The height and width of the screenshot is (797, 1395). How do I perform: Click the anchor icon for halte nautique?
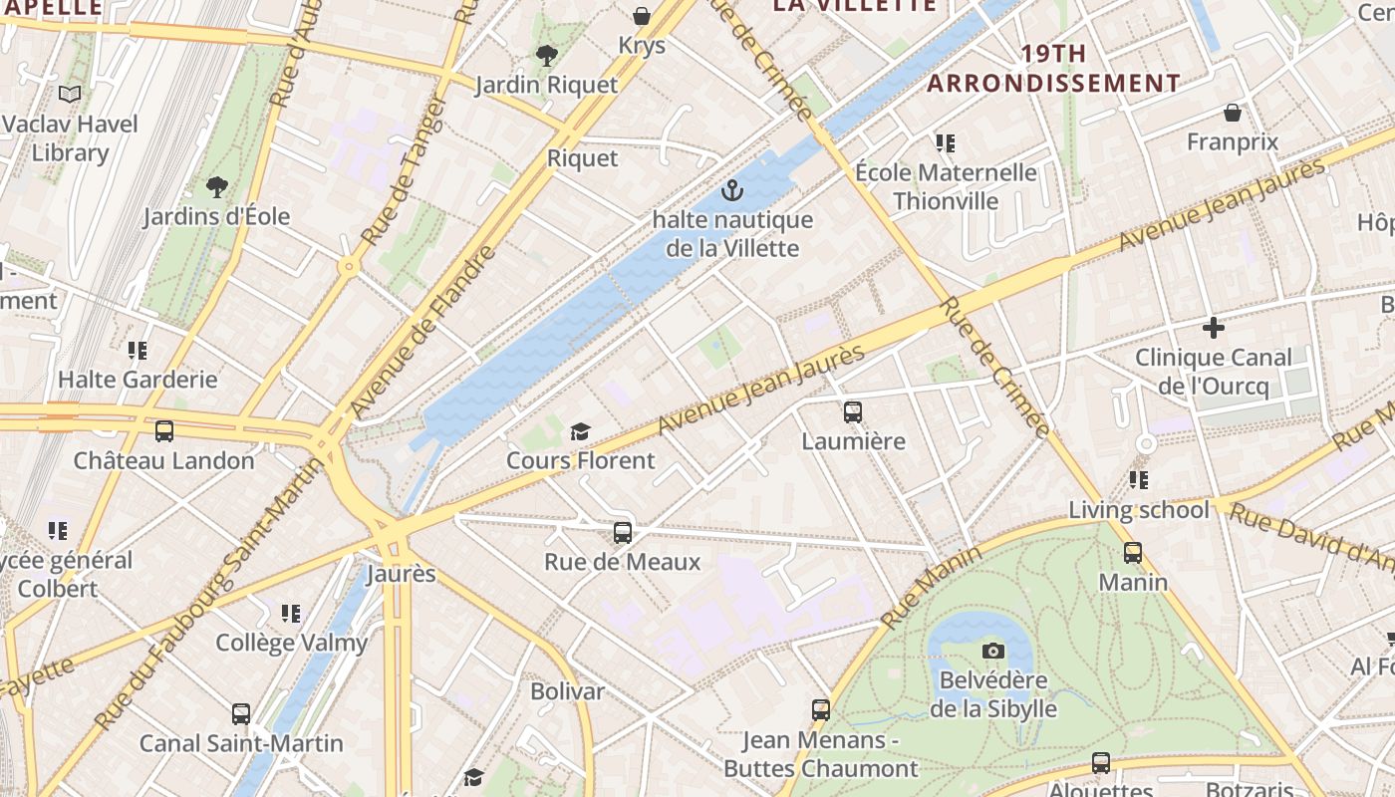732,189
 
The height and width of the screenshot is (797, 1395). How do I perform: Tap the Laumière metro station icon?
853,411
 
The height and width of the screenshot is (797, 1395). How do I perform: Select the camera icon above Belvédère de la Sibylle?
993,651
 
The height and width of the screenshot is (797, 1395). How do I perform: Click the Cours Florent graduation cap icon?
580,431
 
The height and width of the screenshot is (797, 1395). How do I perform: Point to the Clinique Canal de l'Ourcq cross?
1213,327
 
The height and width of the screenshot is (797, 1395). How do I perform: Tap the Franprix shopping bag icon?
1233,113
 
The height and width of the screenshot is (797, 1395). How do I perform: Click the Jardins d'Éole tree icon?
216,186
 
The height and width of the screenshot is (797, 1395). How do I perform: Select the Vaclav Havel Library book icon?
70,95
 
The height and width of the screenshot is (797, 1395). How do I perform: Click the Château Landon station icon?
164,431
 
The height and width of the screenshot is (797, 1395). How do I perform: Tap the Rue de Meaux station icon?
623,532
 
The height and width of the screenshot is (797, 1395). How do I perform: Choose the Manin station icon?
1133,552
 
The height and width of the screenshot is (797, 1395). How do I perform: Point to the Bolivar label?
567,690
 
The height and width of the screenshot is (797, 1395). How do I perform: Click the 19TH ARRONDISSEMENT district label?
1053,68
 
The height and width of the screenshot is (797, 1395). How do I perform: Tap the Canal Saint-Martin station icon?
241,713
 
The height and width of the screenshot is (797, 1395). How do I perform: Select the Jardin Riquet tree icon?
546,56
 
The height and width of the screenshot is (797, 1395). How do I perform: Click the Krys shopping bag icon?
642,16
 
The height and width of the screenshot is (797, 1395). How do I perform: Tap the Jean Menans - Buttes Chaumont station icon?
821,709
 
